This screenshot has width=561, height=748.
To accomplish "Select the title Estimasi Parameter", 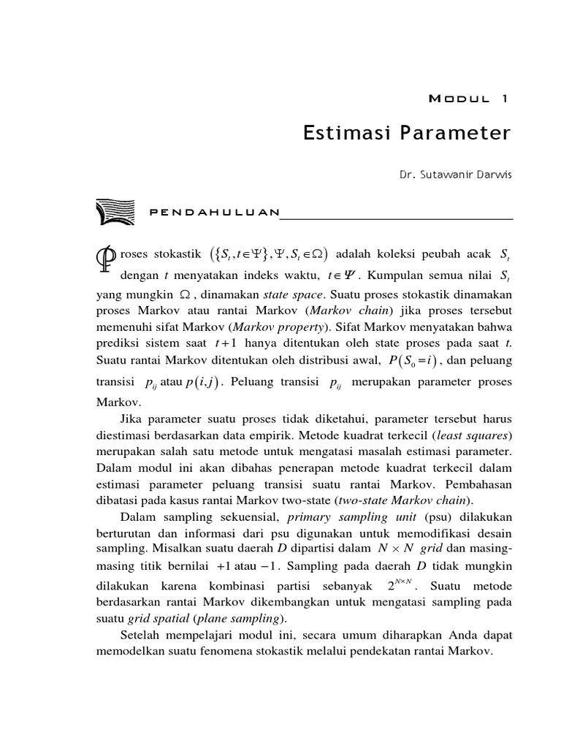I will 408,134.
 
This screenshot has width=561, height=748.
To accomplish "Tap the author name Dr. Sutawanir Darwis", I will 456,176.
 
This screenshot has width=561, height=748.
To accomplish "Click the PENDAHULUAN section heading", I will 213,213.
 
